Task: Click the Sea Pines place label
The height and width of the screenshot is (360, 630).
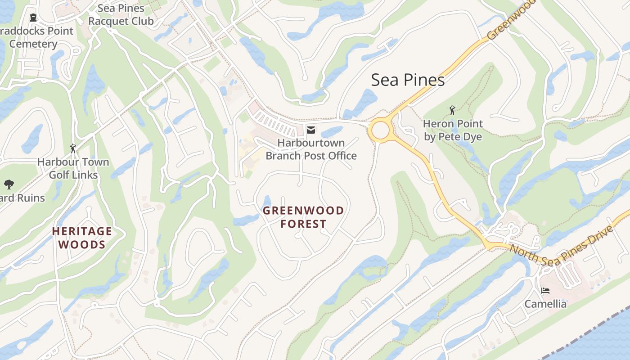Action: (x=408, y=80)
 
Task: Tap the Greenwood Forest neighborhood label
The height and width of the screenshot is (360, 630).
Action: (x=303, y=217)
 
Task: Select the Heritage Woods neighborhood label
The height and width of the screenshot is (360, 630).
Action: (x=82, y=238)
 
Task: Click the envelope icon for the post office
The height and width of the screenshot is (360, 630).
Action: (x=311, y=130)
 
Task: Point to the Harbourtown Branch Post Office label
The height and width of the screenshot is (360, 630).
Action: (x=311, y=149)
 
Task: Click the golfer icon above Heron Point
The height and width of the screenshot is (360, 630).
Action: (x=452, y=110)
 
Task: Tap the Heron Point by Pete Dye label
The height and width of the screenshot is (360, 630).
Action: (x=453, y=130)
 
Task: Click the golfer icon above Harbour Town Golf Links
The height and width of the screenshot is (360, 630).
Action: (x=73, y=148)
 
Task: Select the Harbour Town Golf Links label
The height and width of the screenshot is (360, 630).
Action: (x=73, y=168)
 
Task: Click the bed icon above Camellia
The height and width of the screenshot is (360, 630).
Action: (x=545, y=291)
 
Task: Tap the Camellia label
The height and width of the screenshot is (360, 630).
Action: (x=545, y=304)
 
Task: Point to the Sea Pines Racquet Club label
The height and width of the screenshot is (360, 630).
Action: (x=121, y=14)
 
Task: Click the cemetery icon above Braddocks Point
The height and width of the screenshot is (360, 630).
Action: (x=33, y=18)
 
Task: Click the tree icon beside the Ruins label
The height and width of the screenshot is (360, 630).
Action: (x=8, y=184)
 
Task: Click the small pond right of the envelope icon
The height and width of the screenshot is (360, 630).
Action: (x=332, y=132)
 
